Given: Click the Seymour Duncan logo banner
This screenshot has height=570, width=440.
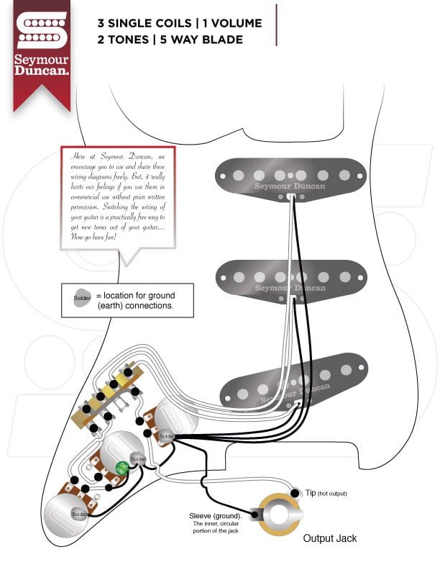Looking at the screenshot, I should point(42,50).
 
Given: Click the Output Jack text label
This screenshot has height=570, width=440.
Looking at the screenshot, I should point(329,538).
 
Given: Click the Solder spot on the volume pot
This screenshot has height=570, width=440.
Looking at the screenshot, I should point(166,435).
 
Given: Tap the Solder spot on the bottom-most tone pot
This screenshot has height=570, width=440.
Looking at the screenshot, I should point(79,514).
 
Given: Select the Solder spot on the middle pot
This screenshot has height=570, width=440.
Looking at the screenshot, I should point(138,458).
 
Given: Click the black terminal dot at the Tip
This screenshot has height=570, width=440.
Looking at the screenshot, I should point(294,493).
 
